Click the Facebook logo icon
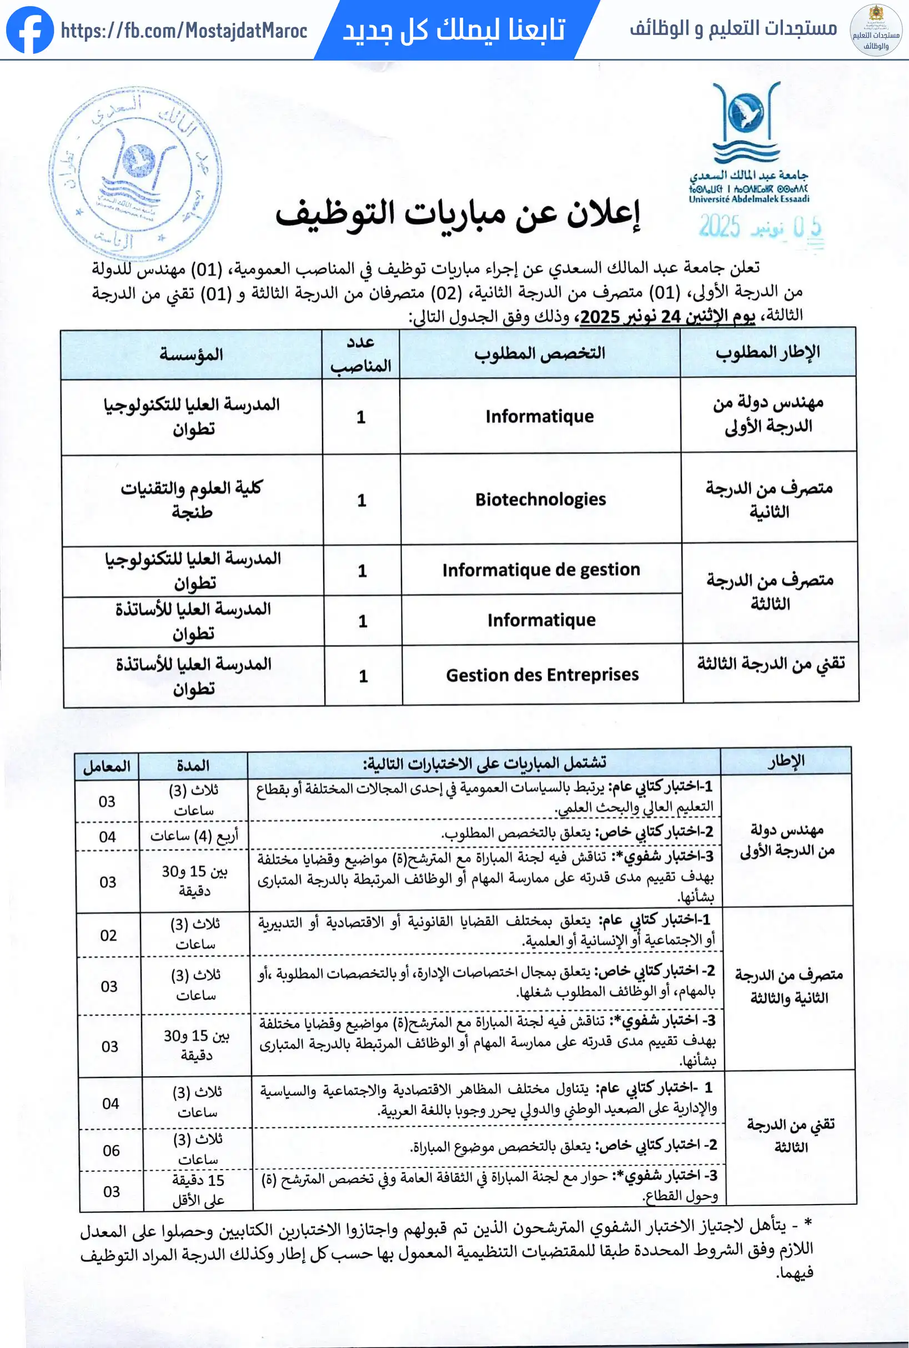click(29, 30)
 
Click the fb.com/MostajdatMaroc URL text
click(184, 31)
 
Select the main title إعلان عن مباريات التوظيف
click(458, 213)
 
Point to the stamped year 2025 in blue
click(720, 226)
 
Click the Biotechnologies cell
click(540, 500)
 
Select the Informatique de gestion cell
click(541, 570)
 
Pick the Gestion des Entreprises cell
click(542, 675)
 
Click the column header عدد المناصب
click(360, 354)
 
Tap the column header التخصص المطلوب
click(539, 353)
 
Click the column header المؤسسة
click(192, 355)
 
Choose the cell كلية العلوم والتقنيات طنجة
click(192, 500)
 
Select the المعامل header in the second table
click(107, 766)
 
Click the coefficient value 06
click(111, 1150)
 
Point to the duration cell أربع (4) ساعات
click(194, 836)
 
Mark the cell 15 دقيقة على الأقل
click(198, 1190)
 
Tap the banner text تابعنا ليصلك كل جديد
click(454, 30)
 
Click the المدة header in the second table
click(193, 766)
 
